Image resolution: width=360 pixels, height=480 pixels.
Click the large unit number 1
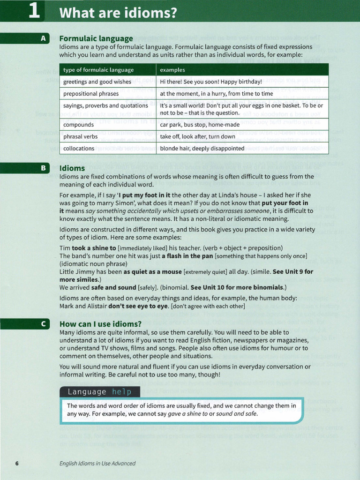click(x=34, y=11)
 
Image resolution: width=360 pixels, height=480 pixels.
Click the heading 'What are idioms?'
click(x=118, y=13)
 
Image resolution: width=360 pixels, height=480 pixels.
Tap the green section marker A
click(x=43, y=39)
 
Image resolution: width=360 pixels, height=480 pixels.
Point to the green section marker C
click(x=43, y=324)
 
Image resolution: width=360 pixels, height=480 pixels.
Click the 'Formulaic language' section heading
click(x=96, y=38)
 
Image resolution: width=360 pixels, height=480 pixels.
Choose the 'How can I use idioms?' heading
click(x=100, y=324)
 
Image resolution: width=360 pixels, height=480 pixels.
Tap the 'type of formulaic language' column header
click(x=98, y=70)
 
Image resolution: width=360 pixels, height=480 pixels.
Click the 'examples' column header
click(x=172, y=70)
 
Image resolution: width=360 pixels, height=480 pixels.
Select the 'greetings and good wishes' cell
click(x=97, y=82)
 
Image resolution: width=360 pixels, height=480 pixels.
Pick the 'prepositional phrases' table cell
click(x=91, y=94)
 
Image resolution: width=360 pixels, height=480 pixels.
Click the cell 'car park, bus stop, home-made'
click(x=200, y=125)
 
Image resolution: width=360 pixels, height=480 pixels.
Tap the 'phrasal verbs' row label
click(x=81, y=137)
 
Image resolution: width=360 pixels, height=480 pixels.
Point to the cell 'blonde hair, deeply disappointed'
click(x=202, y=149)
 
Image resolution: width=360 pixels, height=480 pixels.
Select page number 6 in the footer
click(x=17, y=464)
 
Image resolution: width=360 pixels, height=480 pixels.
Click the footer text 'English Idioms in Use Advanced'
click(x=97, y=464)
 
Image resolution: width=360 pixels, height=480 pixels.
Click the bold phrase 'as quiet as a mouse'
click(x=152, y=272)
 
